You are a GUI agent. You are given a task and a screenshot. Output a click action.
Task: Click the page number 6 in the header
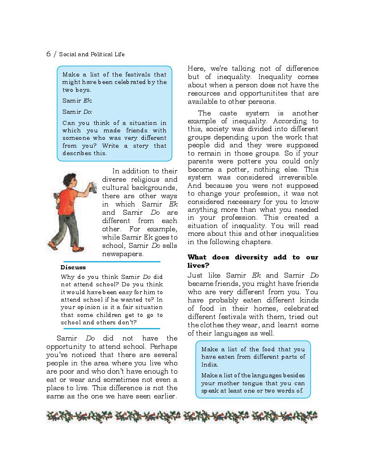tap(48, 54)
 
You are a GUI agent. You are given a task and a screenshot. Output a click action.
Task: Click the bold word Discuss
tap(73, 267)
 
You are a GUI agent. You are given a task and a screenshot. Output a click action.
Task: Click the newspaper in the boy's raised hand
tap(95, 187)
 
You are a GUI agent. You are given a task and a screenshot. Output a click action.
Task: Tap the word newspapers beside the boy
tap(123, 254)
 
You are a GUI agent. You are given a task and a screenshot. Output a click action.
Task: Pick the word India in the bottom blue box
tap(210, 365)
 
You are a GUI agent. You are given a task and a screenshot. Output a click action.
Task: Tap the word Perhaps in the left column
tap(163, 346)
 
